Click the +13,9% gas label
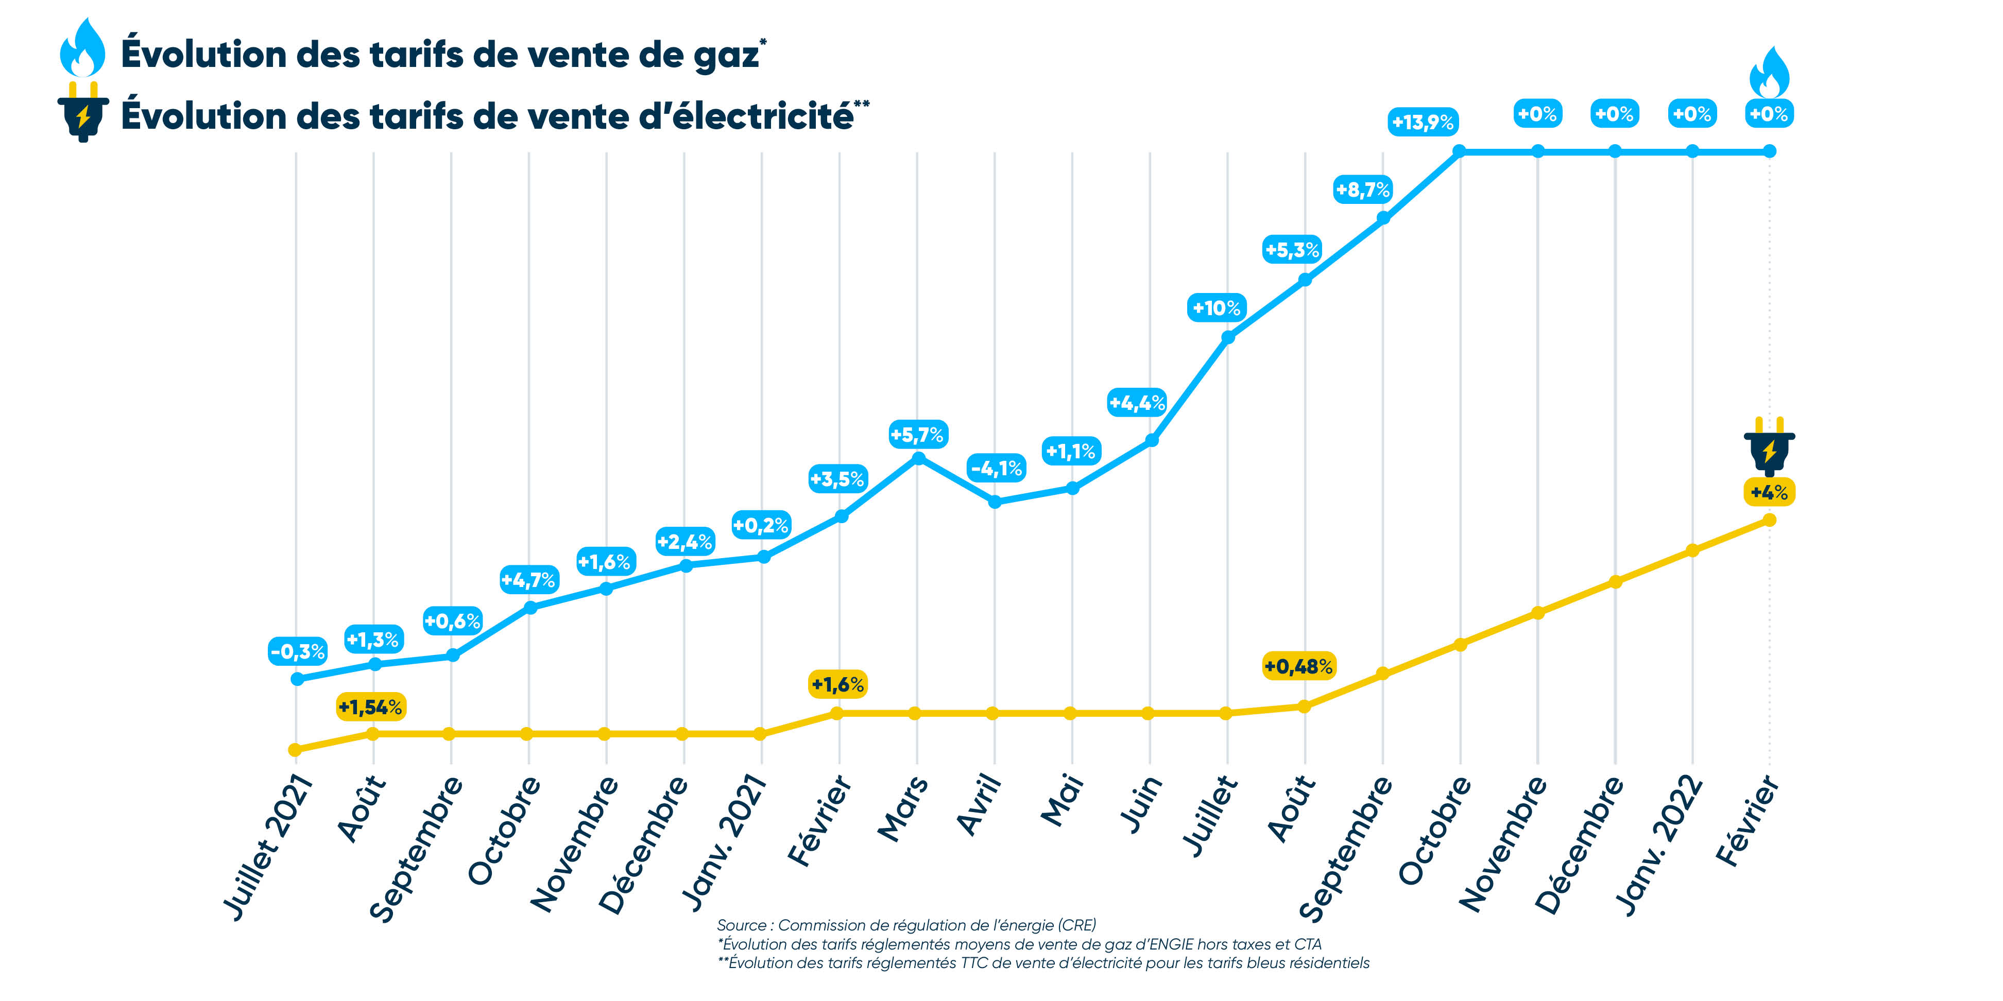[1422, 122]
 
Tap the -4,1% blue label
[997, 468]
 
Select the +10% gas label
[1217, 308]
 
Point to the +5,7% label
[917, 435]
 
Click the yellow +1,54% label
[371, 707]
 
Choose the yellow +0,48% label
[1298, 666]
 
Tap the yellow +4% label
[1769, 492]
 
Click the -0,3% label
[298, 651]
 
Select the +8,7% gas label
[1362, 189]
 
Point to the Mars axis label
[903, 808]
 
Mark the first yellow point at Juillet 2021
[295, 750]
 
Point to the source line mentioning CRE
[906, 925]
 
